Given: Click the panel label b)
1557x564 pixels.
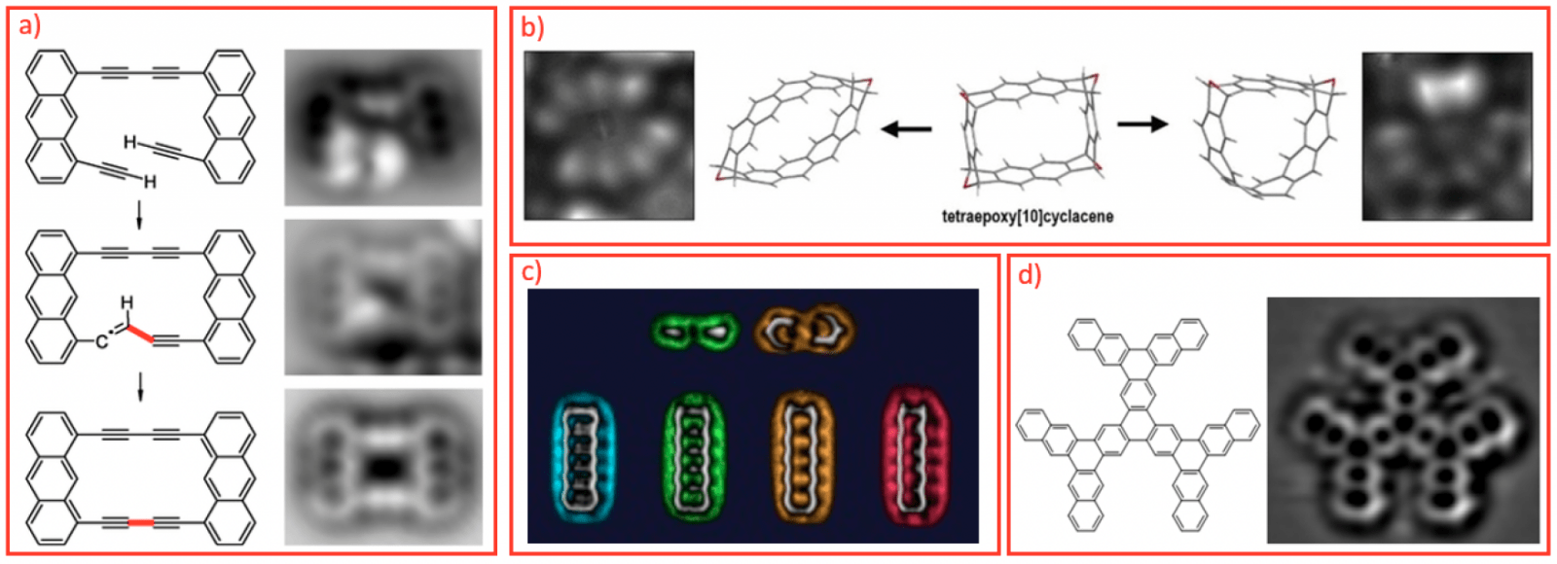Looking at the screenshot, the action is tap(532, 28).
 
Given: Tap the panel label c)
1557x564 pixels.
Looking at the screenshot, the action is tap(531, 272).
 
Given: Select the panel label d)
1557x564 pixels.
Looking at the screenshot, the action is tap(1030, 275).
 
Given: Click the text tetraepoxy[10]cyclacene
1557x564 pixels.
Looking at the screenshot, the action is tap(1027, 216).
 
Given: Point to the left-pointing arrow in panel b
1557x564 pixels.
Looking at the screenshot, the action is tap(906, 128).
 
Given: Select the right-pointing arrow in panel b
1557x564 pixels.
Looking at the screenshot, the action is tap(1142, 123).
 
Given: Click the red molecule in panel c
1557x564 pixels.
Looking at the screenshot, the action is tap(915, 455).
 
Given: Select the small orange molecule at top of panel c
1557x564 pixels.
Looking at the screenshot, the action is tap(804, 331).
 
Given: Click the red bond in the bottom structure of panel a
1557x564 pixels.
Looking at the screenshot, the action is tap(141, 523).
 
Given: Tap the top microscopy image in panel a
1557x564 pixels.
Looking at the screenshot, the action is tap(382, 127).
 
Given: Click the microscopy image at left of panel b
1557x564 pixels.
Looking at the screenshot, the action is tap(609, 135).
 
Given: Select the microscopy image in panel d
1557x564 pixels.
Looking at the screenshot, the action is tap(1402, 419).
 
